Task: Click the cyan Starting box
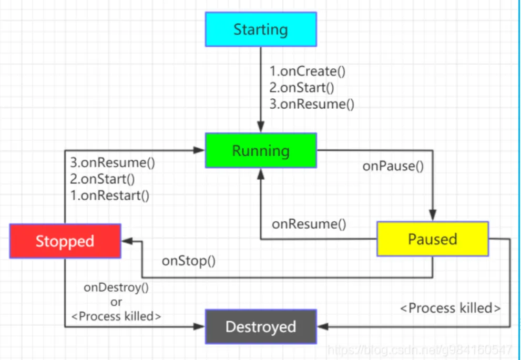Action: tap(261, 29)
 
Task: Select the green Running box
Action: tap(261, 151)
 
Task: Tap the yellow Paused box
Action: tap(433, 239)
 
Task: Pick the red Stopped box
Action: tap(65, 241)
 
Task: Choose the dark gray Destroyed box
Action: tap(261, 327)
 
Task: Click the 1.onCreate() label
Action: tap(308, 71)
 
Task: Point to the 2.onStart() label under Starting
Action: tap(302, 87)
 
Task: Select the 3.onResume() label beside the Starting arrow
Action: tap(312, 104)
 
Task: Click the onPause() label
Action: tap(393, 167)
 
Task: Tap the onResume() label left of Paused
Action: tap(309, 224)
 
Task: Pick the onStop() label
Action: tap(189, 261)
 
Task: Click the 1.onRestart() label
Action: tap(110, 196)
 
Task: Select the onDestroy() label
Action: tap(116, 287)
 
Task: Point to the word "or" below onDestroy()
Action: tap(116, 302)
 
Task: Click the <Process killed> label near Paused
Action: tap(451, 308)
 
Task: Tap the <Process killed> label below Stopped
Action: tap(116, 316)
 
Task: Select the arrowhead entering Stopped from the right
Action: tap(127, 242)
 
